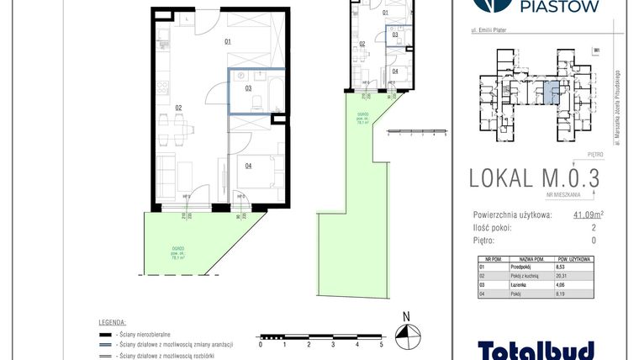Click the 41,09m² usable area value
(589, 214)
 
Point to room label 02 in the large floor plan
(178, 107)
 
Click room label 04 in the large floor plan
(248, 166)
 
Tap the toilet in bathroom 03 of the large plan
(260, 101)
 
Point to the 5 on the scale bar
(381, 344)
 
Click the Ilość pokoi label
(494, 227)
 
